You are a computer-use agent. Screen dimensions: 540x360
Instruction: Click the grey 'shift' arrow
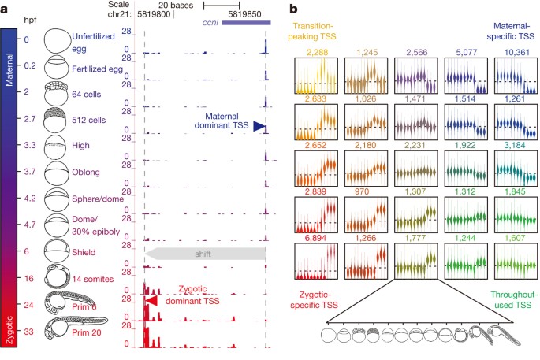coord(205,254)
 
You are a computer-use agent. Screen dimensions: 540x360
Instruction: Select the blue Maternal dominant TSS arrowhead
coord(259,126)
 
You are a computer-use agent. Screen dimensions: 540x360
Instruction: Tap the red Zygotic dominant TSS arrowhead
coord(151,301)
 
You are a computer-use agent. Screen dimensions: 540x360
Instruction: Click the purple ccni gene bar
coord(246,23)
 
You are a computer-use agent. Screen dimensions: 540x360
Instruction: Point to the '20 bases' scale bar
coord(222,6)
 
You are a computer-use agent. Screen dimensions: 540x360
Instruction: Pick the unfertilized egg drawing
coord(58,41)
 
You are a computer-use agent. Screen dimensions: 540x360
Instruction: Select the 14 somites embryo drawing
coord(58,276)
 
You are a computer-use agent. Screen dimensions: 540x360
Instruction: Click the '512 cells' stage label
coord(89,120)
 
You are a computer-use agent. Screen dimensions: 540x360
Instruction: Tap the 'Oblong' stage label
coord(86,172)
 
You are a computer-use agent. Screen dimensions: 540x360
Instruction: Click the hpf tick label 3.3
coord(30,145)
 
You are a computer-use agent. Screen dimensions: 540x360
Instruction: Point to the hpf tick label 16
coord(29,278)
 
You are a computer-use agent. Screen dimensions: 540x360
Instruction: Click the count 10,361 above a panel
coord(516,52)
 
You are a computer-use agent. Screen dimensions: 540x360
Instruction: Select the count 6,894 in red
coord(315,238)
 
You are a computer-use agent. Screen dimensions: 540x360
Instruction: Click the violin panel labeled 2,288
coord(316,76)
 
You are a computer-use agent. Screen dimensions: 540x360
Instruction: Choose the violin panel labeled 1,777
coord(415,262)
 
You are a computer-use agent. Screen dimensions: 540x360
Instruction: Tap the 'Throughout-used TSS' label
coord(513,300)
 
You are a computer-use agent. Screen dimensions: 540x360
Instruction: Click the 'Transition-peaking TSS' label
coord(312,31)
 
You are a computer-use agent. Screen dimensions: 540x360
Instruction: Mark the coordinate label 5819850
coord(244,14)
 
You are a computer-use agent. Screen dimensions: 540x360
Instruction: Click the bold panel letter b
coord(293,9)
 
